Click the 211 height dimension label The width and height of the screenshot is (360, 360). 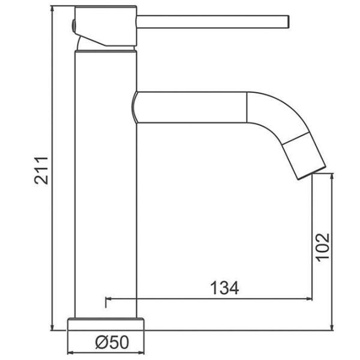(41, 170)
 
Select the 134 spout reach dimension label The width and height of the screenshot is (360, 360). (224, 288)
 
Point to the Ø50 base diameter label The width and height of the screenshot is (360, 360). (112, 342)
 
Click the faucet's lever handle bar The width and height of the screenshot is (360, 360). (213, 22)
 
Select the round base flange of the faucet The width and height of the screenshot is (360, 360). (106, 324)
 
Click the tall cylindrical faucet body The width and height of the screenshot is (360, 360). (106, 184)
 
